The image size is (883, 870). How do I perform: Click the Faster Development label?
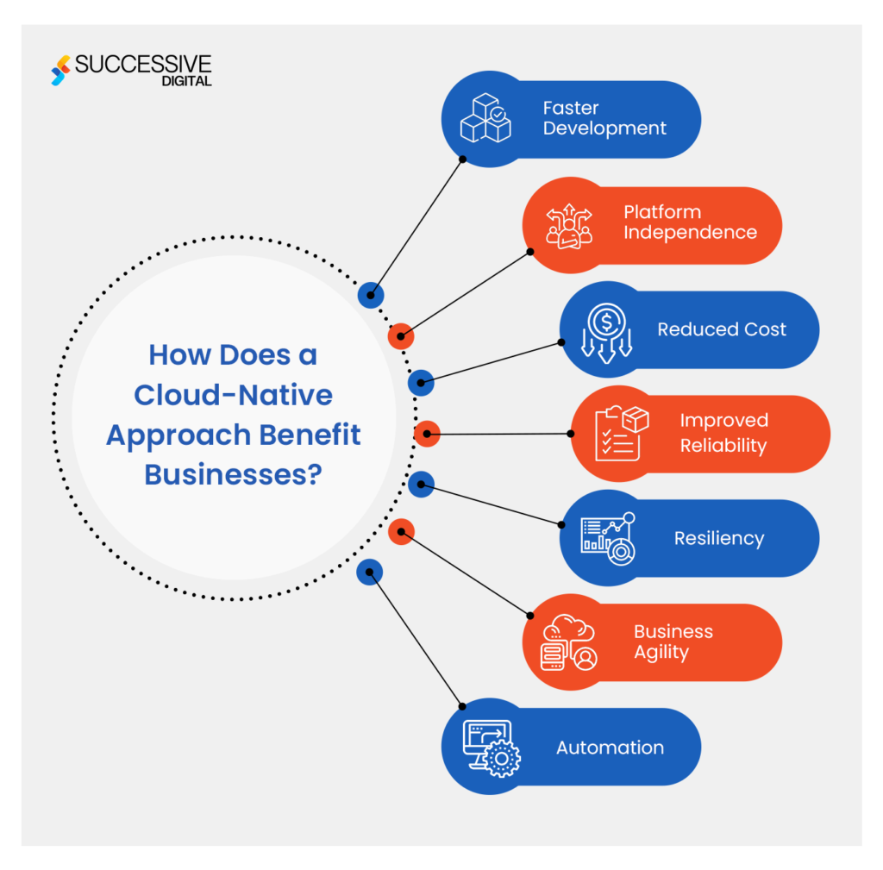coord(604,119)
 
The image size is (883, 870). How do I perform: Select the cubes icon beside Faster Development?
coord(485,119)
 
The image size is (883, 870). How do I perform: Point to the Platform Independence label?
coord(690,222)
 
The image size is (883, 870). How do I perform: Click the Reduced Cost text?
coord(722,329)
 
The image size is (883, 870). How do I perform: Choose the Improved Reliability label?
coord(723,433)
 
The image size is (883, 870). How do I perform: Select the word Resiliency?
coord(719,539)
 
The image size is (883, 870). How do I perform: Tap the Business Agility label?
coord(673,642)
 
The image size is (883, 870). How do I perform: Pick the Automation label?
coord(610,748)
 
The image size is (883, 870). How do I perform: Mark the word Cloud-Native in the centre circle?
coord(233,395)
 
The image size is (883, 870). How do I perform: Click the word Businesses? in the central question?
coord(233,474)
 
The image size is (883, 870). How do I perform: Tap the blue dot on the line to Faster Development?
coord(370,295)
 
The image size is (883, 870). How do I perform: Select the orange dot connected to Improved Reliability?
coord(427,434)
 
